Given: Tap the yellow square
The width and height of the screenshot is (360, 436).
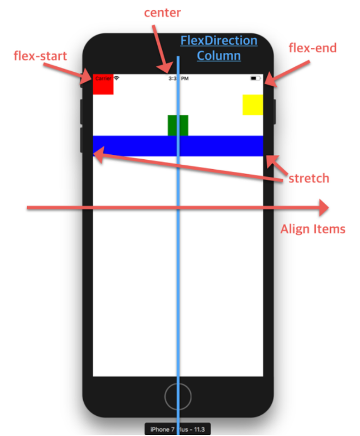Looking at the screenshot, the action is pyautogui.click(x=253, y=104).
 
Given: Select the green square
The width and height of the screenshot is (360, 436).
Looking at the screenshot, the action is pyautogui.click(x=178, y=125).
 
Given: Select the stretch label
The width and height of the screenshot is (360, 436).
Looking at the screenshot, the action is pyautogui.click(x=309, y=178).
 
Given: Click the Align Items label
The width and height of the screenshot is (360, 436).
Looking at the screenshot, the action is pyautogui.click(x=313, y=229).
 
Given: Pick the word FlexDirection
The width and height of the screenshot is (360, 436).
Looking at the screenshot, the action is pyautogui.click(x=219, y=41).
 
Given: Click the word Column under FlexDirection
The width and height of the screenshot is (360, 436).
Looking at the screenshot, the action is pyautogui.click(x=219, y=55).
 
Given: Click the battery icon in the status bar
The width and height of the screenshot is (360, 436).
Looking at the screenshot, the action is pyautogui.click(x=255, y=79).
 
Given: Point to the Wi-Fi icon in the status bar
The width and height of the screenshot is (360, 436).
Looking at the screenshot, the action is pyautogui.click(x=116, y=78).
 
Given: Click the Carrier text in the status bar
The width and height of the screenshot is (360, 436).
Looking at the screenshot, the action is pyautogui.click(x=103, y=78).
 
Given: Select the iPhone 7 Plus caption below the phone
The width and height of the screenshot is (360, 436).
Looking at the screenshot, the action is pyautogui.click(x=177, y=429).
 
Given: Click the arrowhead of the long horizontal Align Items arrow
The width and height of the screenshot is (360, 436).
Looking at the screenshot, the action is pyautogui.click(x=322, y=207).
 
